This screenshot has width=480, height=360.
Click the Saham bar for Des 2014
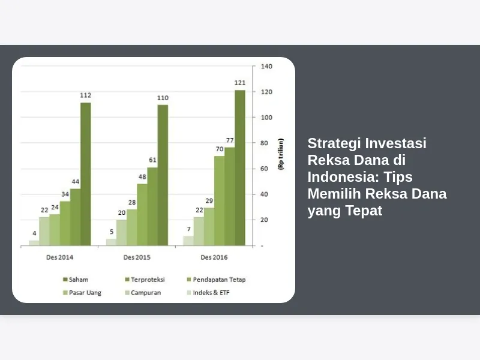(86, 174)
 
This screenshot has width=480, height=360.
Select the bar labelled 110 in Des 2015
(163, 175)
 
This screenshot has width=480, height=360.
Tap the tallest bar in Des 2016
(240, 168)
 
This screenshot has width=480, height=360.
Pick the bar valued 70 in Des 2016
(219, 201)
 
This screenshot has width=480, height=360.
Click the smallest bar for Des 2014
(34, 243)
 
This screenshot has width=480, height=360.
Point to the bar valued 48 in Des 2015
(142, 215)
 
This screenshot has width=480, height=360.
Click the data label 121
(240, 83)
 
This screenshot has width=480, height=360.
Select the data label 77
(230, 140)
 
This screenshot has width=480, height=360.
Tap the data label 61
(152, 160)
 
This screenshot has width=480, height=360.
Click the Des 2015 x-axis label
(137, 257)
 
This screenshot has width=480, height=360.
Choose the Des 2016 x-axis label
(214, 257)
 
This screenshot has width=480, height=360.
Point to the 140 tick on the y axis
(266, 66)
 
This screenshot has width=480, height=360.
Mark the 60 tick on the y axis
(264, 169)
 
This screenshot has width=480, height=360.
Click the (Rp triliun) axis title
(281, 154)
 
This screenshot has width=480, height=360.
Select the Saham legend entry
(76, 280)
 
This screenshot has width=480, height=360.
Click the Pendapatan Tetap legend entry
(216, 280)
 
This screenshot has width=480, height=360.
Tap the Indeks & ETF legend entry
(208, 293)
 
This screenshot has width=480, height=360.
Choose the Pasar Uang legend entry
(82, 293)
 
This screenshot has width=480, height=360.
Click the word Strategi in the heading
(334, 143)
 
